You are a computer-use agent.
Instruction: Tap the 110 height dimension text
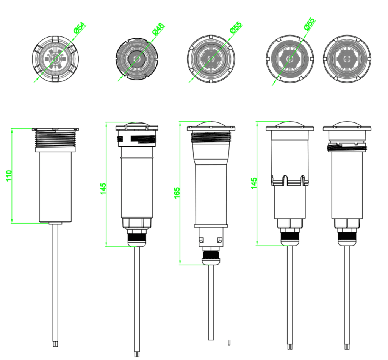[9, 176]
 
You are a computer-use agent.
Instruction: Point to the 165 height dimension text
[177, 193]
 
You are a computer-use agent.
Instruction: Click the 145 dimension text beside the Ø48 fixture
[103, 189]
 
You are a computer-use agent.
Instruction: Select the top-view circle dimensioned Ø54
[55, 59]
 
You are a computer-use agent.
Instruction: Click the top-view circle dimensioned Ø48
[136, 59]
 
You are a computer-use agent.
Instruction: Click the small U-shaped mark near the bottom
[229, 343]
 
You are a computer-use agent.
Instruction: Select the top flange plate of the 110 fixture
[55, 129]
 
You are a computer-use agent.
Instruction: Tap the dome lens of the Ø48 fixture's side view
[137, 125]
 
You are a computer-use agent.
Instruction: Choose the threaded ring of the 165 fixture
[212, 137]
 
